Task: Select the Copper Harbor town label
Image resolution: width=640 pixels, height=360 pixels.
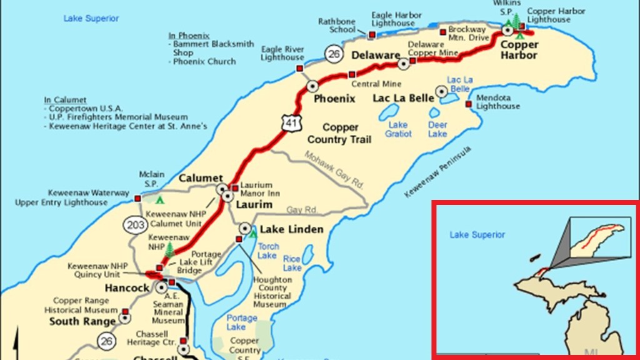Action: [x=519, y=50]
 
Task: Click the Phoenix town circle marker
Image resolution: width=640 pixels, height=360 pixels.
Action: [x=312, y=86]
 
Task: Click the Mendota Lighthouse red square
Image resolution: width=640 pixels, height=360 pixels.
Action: [x=468, y=104]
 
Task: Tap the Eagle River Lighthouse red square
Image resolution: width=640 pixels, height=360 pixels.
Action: [x=299, y=68]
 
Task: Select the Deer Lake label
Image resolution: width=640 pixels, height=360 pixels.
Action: [x=437, y=129]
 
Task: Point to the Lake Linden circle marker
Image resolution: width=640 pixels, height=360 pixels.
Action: [x=246, y=229]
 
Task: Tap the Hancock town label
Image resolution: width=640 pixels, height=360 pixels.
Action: [x=127, y=288]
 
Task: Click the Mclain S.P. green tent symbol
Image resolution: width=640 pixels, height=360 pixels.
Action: [x=160, y=200]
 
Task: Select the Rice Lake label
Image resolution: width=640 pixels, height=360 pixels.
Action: [x=292, y=263]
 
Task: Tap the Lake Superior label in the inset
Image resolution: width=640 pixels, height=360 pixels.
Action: [x=477, y=235]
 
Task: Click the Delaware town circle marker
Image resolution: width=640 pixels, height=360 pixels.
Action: [x=404, y=64]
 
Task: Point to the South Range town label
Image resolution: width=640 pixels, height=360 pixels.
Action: [x=82, y=321]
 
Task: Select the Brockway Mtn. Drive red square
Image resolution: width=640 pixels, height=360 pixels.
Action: [x=443, y=32]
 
